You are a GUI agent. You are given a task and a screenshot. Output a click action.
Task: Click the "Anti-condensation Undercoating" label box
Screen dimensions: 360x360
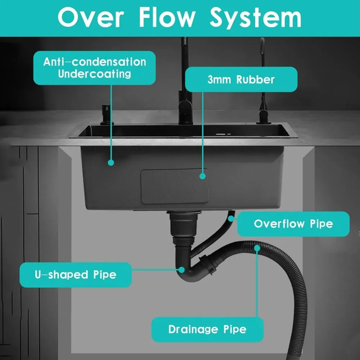click(x=94, y=68)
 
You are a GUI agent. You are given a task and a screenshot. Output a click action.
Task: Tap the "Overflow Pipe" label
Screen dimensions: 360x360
click(x=293, y=224)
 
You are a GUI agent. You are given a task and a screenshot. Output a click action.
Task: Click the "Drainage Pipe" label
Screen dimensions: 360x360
click(x=207, y=329)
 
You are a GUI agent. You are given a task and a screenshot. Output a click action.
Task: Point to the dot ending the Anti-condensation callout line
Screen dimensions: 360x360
click(x=111, y=163)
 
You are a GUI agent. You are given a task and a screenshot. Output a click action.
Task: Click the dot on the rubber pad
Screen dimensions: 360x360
click(x=203, y=176)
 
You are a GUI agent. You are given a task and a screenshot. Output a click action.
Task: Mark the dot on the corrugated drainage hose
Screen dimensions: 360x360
click(x=257, y=248)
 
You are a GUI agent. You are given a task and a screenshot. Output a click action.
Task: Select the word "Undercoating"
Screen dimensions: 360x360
click(x=94, y=74)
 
